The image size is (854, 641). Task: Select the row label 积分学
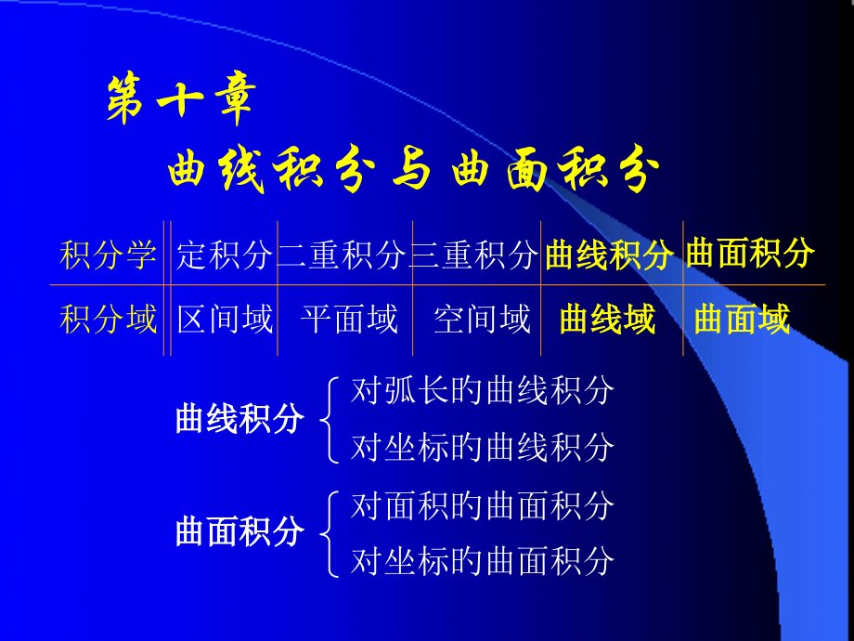[109, 254]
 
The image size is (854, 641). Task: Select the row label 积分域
[109, 320]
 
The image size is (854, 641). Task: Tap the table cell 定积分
[225, 254]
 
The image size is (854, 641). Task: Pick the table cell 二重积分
[343, 254]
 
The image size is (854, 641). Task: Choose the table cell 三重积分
[474, 254]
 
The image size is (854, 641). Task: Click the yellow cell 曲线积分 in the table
[609, 254]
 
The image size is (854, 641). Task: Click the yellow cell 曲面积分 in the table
[750, 253]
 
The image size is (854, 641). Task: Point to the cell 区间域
[225, 320]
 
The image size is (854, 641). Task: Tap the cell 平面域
[349, 320]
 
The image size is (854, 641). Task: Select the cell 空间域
[482, 320]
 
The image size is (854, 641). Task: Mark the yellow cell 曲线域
[608, 320]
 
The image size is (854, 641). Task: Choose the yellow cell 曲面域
[742, 320]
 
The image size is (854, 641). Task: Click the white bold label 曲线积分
[239, 419]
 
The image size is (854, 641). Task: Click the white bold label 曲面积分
[239, 531]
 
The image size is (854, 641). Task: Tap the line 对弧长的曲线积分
[482, 391]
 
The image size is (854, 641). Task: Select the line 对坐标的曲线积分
[482, 447]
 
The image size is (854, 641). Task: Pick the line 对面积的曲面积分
[482, 505]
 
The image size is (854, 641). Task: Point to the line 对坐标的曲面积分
[482, 560]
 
